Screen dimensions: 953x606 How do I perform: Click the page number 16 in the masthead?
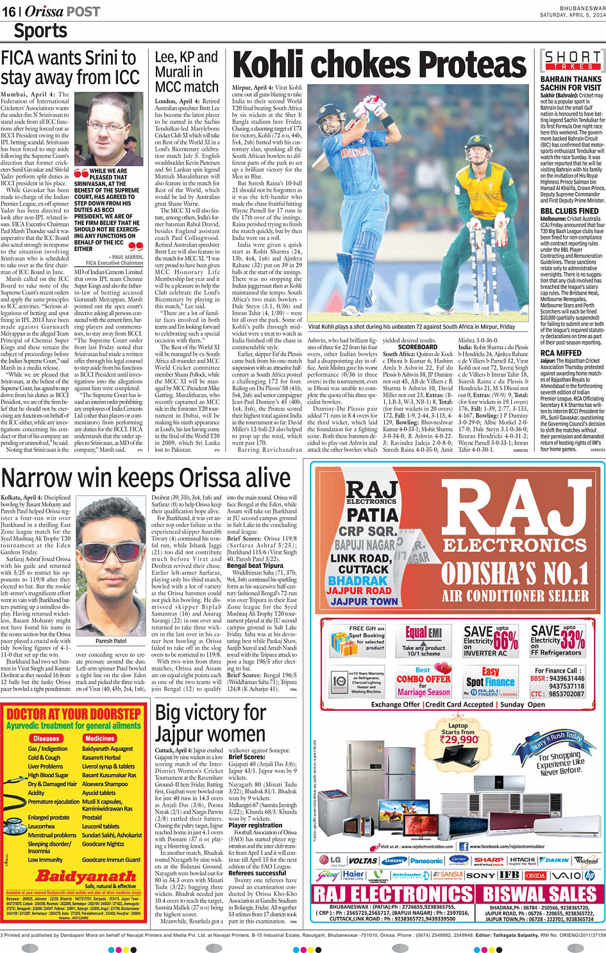pos(9,12)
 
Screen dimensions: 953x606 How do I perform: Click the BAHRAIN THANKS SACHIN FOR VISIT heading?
pos(570,83)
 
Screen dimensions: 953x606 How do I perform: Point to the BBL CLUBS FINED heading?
pos(569,210)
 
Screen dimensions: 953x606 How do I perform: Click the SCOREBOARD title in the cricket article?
pos(417,347)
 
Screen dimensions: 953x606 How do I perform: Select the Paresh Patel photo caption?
pos(111,640)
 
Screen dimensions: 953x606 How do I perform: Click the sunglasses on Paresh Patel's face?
pos(110,550)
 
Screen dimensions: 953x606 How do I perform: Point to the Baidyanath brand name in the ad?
pos(86,875)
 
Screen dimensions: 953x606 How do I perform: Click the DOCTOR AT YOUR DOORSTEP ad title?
pos(74,714)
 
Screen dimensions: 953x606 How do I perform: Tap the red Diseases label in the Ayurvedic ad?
pos(46,739)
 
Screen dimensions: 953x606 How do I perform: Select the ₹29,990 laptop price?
pos(459,739)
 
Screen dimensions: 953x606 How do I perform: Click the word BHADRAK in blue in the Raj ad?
pos(358,580)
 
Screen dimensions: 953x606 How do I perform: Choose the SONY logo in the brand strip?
pos(480,875)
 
